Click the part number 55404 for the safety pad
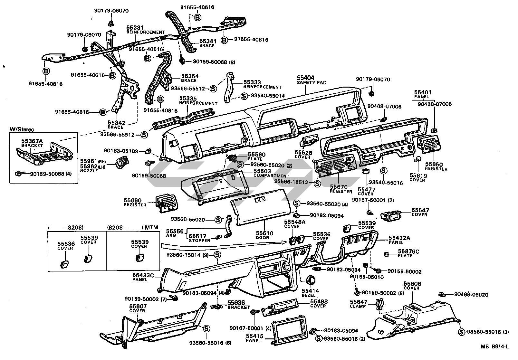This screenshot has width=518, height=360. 305,78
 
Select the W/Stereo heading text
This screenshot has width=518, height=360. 22,129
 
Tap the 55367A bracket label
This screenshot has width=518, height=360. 32,141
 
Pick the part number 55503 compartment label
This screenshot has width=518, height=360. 262,171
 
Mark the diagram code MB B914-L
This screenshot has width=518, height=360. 494,346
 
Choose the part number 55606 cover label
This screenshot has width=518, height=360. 412,284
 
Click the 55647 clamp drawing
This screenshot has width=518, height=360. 380,304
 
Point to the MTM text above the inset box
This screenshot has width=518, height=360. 151,227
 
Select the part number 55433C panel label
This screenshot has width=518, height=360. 143,275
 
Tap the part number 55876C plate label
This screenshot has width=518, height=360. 408,251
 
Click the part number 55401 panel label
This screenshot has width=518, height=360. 423,92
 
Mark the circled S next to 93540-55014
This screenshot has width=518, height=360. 244,96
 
